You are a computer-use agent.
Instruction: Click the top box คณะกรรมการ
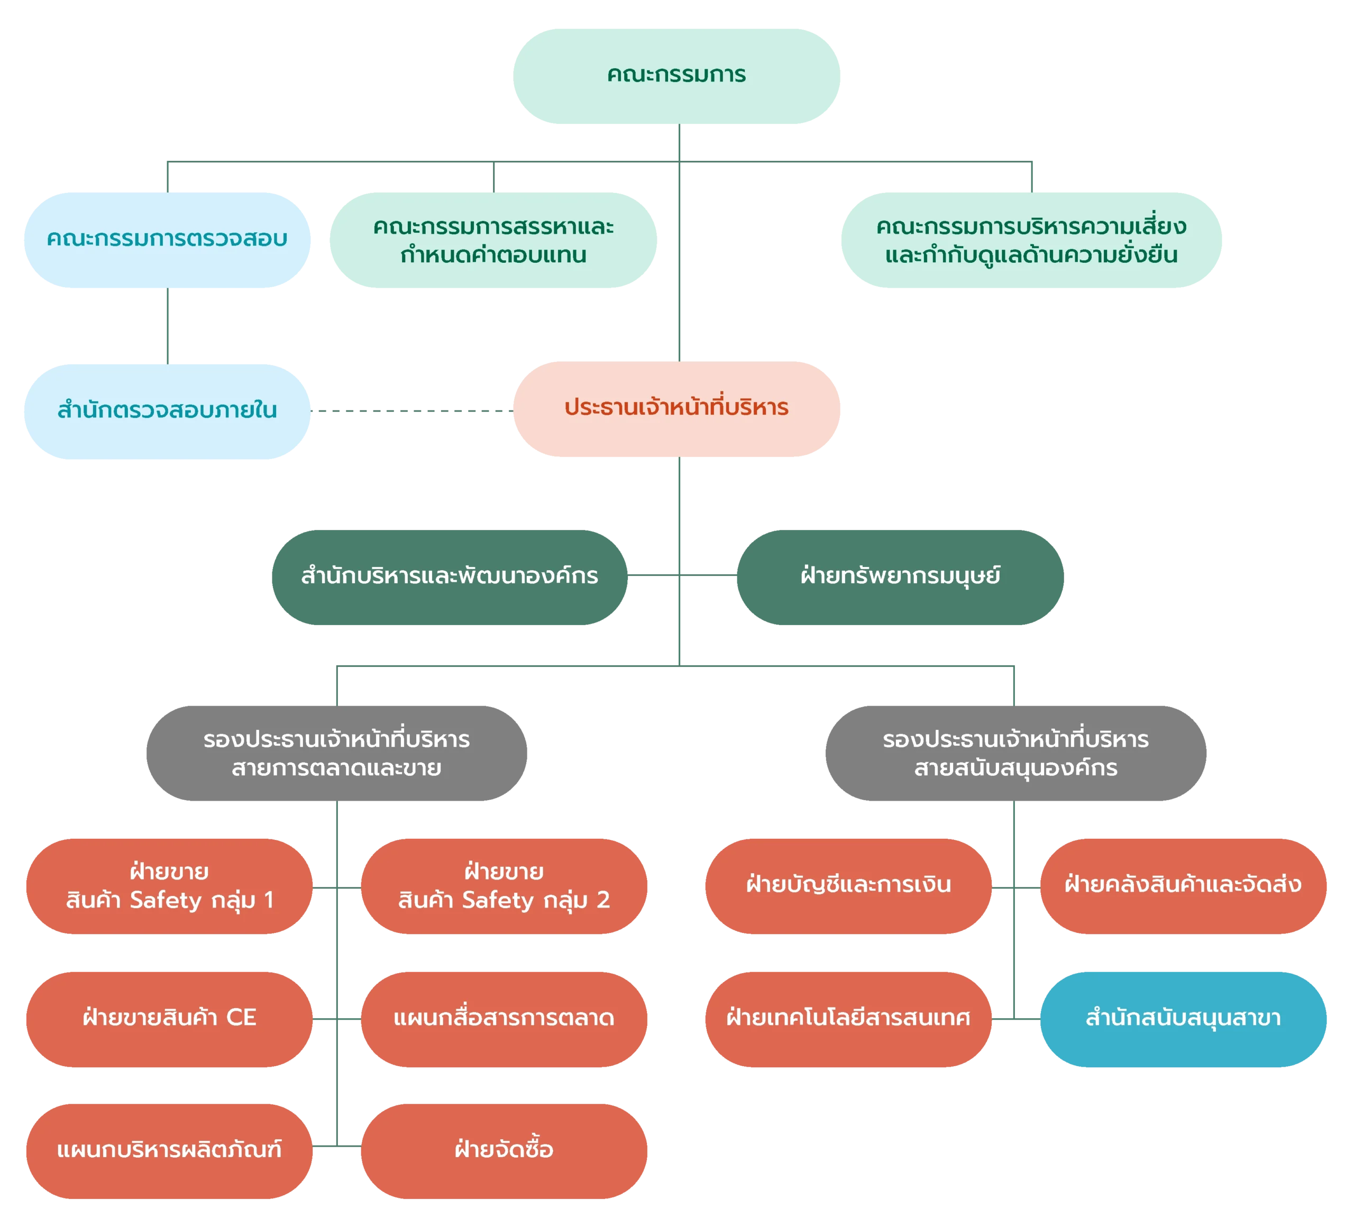[676, 75]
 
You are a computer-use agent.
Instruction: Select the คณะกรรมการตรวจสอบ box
[167, 240]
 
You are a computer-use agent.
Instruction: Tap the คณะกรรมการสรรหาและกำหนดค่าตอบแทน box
[493, 241]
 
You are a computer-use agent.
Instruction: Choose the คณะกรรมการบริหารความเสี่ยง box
[1030, 241]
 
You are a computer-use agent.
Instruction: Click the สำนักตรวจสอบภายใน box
[167, 411]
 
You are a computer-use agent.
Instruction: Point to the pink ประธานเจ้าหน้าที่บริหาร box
[676, 409]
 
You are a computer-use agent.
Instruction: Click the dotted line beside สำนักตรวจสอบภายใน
[413, 410]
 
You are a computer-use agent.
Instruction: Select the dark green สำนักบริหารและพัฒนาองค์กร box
[450, 577]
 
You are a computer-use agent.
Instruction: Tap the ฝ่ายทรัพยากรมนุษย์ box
[900, 577]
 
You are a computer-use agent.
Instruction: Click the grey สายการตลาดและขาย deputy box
[336, 753]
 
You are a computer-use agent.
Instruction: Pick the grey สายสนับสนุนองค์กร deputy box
[1016, 753]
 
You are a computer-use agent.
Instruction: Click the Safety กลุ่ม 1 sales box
[169, 886]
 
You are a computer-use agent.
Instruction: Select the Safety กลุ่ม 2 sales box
[504, 886]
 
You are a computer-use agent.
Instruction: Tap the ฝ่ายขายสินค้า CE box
[169, 1018]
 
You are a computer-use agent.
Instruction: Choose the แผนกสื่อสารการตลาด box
[504, 1018]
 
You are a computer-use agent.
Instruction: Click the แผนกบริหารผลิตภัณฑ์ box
[169, 1150]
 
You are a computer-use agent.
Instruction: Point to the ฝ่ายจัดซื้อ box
[504, 1150]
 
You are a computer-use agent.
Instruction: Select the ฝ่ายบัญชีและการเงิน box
[848, 886]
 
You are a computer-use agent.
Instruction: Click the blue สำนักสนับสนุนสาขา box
[1183, 1018]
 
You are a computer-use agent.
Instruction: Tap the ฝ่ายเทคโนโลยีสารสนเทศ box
[848, 1018]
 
